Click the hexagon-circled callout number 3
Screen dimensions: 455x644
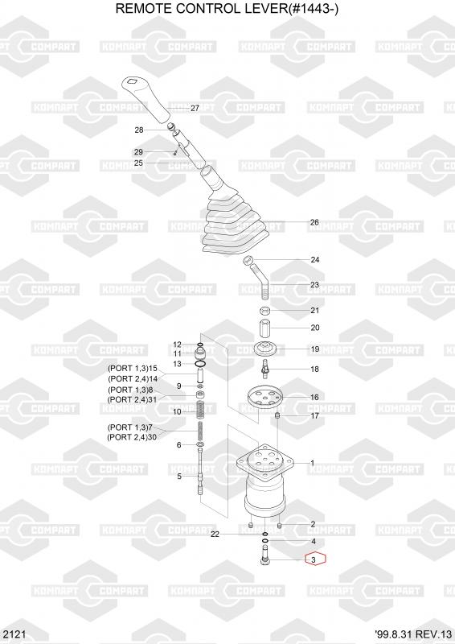click(314, 559)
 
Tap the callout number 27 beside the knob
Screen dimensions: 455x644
click(195, 108)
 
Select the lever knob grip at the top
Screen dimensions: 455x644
click(146, 100)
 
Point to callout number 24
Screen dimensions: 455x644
click(314, 259)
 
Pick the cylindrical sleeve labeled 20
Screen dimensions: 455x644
click(266, 328)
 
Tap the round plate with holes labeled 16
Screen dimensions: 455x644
click(265, 397)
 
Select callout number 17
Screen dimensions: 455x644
click(314, 415)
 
